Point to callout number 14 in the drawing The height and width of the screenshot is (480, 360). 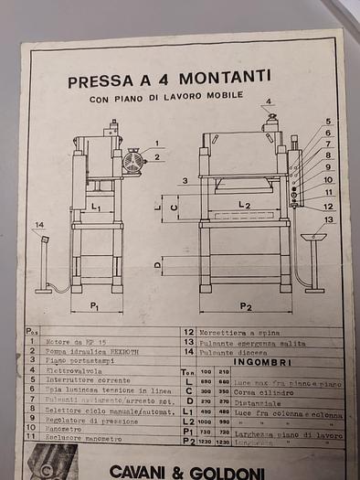[x=38, y=225]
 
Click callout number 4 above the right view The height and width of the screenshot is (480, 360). [x=269, y=101]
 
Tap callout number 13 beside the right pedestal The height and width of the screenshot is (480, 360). [x=328, y=219]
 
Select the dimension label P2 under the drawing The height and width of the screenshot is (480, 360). [x=246, y=306]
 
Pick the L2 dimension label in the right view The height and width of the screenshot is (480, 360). [x=244, y=206]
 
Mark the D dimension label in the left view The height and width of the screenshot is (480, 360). [x=159, y=266]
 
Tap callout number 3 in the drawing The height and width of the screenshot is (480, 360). [x=184, y=181]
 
